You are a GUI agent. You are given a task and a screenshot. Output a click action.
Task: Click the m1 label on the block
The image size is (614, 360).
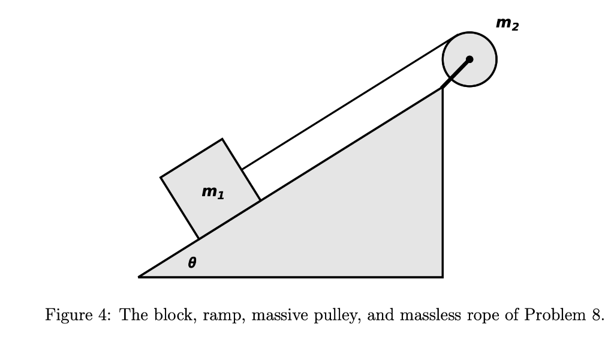pos(213,193)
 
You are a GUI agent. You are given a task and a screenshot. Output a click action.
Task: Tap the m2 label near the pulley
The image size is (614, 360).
pos(507,25)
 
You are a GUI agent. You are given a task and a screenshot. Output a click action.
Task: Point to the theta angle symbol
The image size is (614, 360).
pos(192,262)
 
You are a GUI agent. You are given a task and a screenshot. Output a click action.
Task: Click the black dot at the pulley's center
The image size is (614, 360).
pos(469,59)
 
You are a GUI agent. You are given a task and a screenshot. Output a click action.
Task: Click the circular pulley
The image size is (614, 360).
pos(480,48)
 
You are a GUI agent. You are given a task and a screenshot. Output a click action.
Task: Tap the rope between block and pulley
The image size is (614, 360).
pos(348,105)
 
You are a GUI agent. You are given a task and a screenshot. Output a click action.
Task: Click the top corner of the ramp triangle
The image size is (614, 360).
pos(442,88)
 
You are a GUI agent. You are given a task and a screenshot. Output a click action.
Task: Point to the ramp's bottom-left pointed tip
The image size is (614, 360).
pos(140,277)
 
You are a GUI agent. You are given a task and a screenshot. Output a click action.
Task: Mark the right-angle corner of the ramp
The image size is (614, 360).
pos(442,277)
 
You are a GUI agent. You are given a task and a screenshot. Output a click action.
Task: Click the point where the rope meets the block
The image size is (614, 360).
pos(242,170)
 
